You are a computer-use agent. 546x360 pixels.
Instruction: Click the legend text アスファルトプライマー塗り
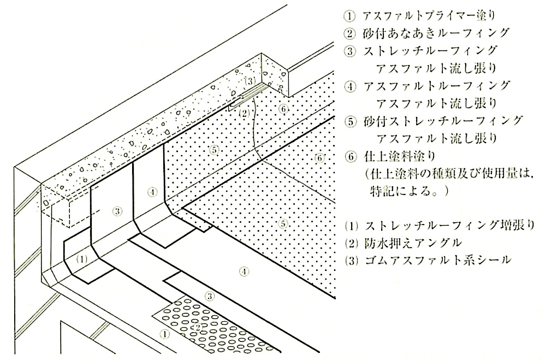(429, 15)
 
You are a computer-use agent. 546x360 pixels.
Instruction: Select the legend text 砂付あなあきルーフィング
(436, 33)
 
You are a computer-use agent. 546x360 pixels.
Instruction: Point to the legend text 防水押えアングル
(413, 242)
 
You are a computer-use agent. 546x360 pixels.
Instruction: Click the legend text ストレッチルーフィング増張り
(449, 225)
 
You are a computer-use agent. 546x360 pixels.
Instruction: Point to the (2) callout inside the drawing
(245, 113)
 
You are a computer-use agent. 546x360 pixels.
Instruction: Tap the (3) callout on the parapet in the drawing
(250, 82)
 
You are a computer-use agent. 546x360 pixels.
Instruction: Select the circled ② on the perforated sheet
(197, 327)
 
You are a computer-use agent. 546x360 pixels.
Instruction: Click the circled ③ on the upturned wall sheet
(117, 210)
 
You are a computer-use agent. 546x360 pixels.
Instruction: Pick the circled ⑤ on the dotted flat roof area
(284, 223)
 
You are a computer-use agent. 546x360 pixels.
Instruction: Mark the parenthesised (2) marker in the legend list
(351, 243)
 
